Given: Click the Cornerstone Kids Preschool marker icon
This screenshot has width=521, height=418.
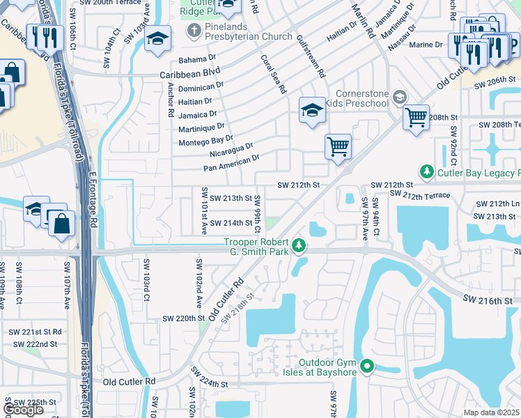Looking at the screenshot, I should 400,97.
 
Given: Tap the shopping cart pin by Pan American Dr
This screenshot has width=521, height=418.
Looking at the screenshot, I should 338,146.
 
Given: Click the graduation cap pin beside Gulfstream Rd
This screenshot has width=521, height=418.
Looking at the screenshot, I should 312,109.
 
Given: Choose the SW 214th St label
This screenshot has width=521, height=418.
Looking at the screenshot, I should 230,223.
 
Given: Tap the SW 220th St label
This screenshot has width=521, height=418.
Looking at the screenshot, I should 182,318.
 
